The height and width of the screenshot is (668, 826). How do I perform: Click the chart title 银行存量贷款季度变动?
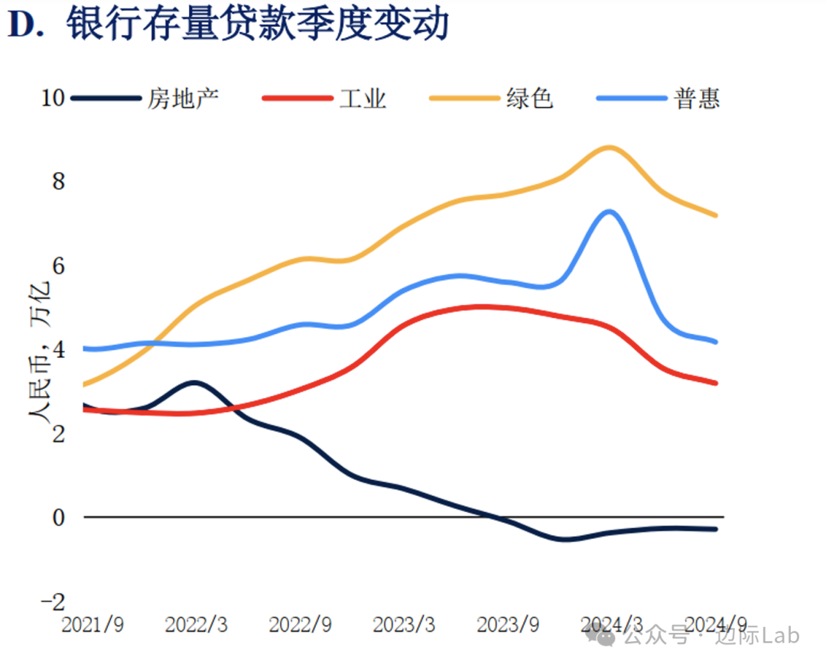[x=257, y=25]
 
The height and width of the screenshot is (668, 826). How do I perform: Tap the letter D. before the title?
[x=32, y=25]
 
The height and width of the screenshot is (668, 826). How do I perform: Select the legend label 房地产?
[x=184, y=99]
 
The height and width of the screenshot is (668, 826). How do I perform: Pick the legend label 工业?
[x=363, y=99]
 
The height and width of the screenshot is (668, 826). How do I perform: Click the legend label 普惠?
[x=697, y=99]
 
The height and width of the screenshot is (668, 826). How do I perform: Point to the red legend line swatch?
[x=298, y=99]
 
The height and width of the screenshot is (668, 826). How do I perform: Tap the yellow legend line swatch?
[x=465, y=99]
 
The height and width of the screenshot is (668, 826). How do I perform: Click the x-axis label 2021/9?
[x=92, y=624]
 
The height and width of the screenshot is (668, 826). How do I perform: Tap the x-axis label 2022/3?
[x=196, y=624]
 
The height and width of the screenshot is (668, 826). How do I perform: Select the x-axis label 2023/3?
[x=404, y=624]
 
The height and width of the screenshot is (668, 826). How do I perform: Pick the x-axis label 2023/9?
[x=508, y=624]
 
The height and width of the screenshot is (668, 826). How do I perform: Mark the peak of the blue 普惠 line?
[x=609, y=211]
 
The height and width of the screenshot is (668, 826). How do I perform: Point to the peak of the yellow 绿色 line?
[x=609, y=147]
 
